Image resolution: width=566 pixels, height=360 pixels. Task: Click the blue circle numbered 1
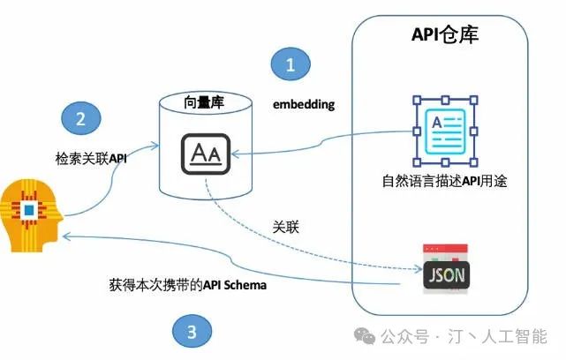(x=291, y=64)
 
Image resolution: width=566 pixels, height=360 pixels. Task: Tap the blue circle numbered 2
(x=81, y=118)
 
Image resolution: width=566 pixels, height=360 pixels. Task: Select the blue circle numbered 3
(x=192, y=331)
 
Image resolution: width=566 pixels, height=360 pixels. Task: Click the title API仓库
(x=445, y=34)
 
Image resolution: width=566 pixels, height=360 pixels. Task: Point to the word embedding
(x=304, y=104)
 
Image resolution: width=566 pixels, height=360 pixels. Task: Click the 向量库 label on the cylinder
(x=204, y=102)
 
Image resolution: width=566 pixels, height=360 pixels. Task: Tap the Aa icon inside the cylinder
(x=206, y=154)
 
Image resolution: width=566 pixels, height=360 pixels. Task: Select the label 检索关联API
(x=91, y=158)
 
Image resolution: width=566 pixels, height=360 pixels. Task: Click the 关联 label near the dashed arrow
(x=285, y=228)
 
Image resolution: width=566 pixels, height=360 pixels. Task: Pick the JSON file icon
(x=446, y=269)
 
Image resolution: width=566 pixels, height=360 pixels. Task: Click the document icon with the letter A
(x=445, y=131)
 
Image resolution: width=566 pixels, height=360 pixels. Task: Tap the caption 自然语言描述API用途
(x=444, y=181)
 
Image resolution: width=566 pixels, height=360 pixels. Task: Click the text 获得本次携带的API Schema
(x=188, y=285)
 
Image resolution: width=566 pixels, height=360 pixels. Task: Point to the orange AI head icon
(x=31, y=215)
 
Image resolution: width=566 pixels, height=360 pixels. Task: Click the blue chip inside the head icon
(x=29, y=210)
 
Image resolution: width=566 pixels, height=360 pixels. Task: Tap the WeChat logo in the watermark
(x=365, y=335)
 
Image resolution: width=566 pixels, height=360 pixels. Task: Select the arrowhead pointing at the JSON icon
(x=419, y=269)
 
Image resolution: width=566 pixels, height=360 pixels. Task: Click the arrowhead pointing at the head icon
(x=65, y=236)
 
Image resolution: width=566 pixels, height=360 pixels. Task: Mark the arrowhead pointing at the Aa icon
(x=235, y=154)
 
